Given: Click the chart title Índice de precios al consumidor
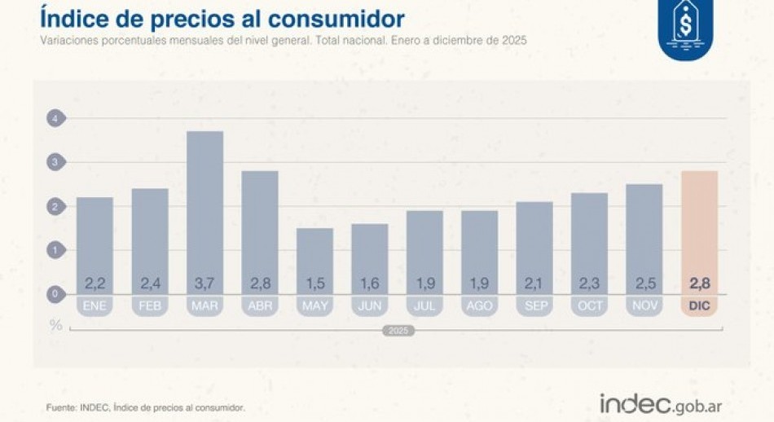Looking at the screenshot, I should coord(222,18).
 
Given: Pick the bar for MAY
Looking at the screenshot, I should coord(314,257).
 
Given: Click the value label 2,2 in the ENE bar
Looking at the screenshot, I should coord(95,284).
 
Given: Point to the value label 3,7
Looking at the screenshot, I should coord(204,284).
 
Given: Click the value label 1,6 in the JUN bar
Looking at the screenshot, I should coord(369,284).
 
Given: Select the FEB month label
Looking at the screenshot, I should coord(150,306).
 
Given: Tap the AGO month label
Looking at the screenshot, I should coord(479,306).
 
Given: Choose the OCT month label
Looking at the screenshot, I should coord(589,306).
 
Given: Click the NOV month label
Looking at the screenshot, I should coord(644,306).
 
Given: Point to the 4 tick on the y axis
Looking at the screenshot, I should coord(55,119).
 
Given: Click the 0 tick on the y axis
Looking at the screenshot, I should coord(55,294).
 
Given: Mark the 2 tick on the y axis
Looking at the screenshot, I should coord(55,207).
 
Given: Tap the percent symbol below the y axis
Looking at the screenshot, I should coord(55,324).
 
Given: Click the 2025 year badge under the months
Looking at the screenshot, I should coord(398,331).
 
